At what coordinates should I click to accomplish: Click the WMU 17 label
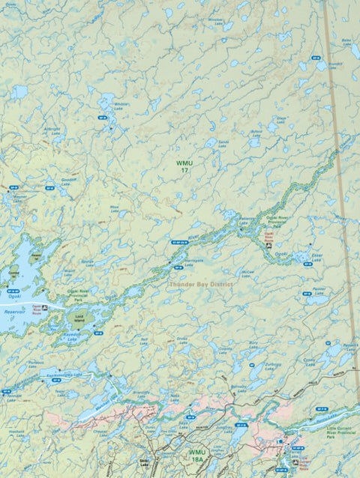tap(184, 166)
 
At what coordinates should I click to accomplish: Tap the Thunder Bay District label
tap(201, 285)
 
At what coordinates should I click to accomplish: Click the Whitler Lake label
tap(120, 106)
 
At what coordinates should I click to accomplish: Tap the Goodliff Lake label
tap(69, 181)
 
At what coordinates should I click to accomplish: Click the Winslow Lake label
tap(215, 21)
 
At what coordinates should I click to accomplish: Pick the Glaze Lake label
tap(280, 119)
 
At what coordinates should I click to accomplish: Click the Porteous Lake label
tap(35, 364)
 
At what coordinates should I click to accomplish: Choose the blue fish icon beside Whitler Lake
tap(102, 118)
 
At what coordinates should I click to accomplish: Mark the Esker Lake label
tap(316, 255)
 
